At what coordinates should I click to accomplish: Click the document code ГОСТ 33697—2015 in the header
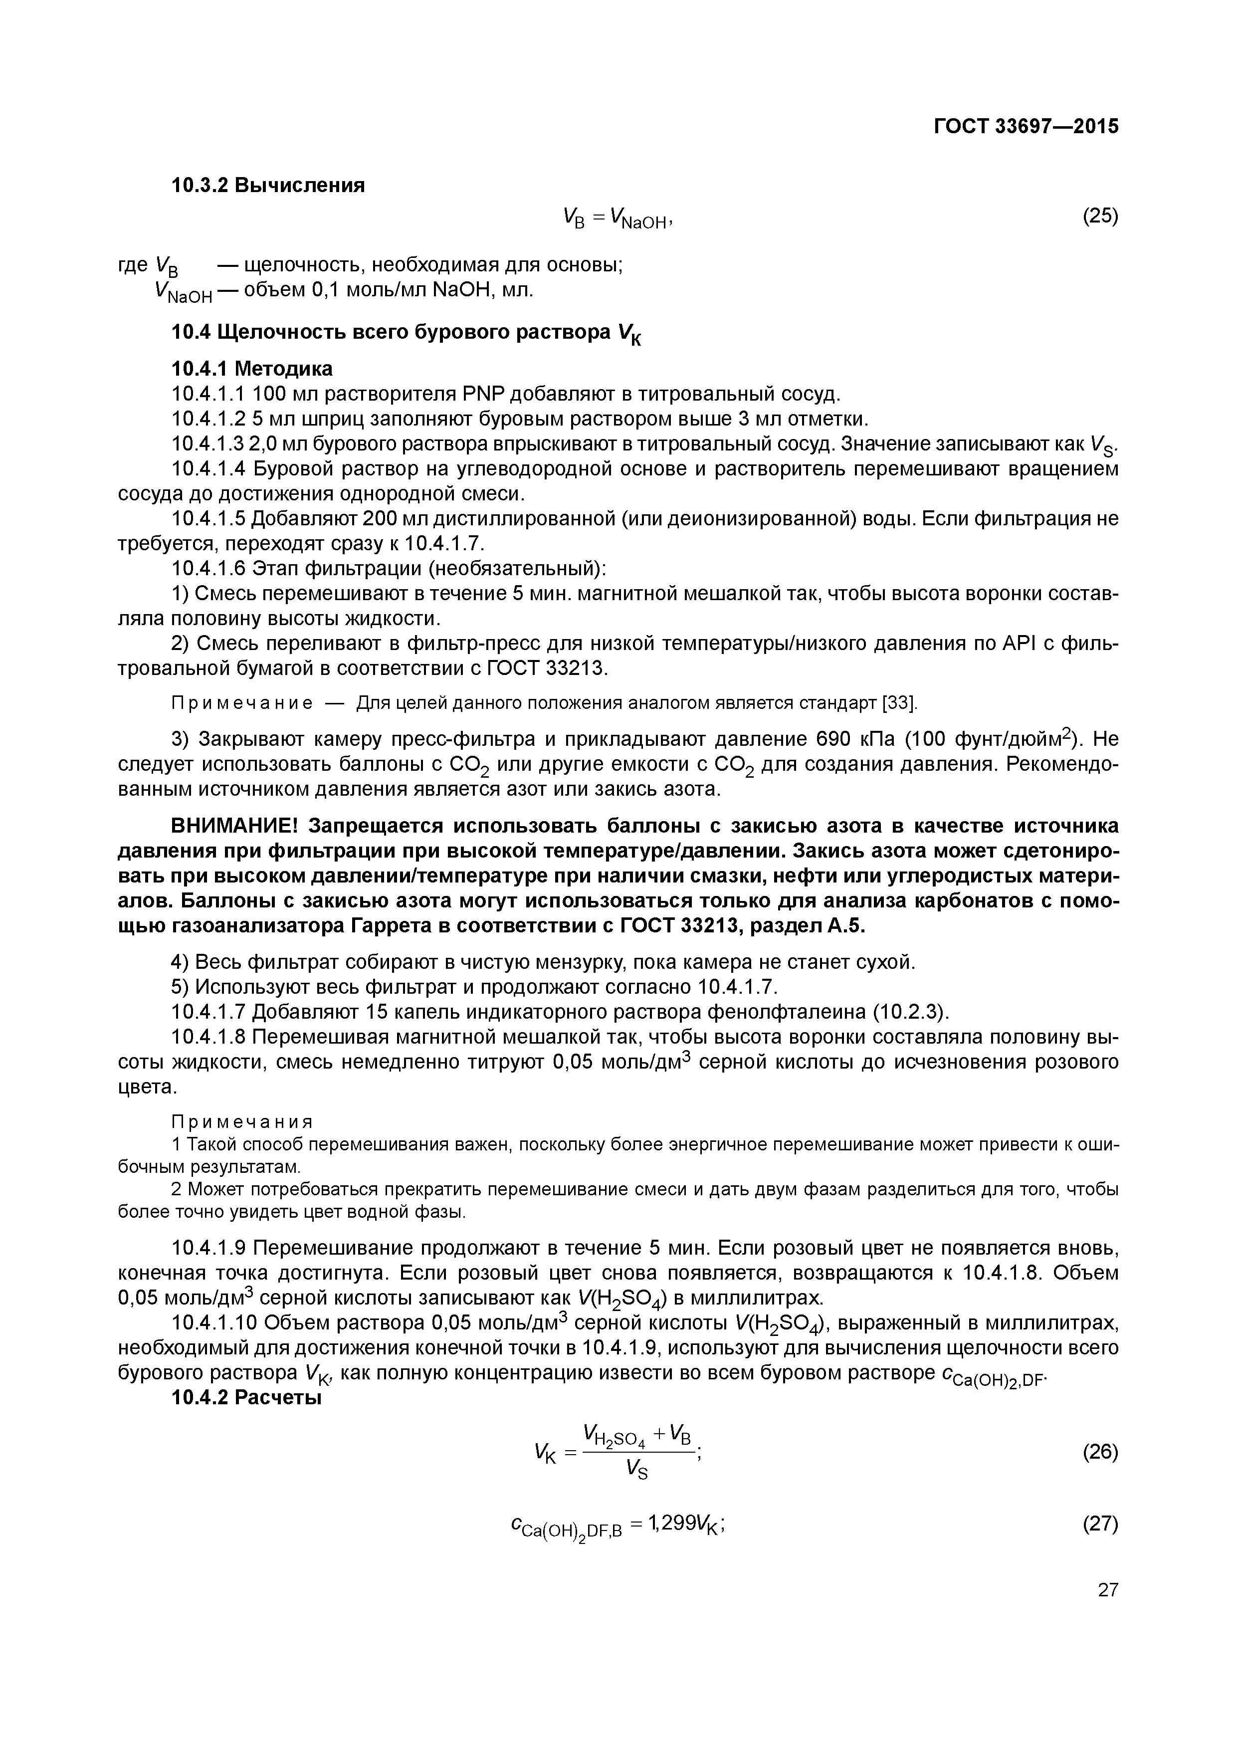coord(1026,127)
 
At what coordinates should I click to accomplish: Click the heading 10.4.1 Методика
coord(252,369)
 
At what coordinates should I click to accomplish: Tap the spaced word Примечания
coord(242,1123)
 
